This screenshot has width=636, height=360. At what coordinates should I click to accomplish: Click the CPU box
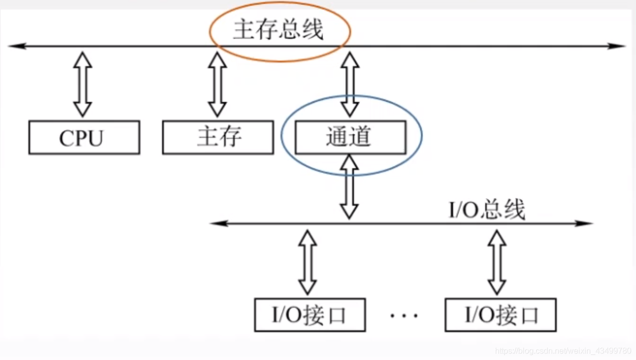84,137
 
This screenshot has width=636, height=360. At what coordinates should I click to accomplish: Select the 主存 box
218,137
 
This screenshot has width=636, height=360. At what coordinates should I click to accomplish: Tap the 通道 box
350,137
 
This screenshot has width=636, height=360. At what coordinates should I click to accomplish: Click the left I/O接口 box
309,315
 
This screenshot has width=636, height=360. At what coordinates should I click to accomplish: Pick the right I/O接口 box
500,315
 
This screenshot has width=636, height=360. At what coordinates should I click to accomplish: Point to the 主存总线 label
278,31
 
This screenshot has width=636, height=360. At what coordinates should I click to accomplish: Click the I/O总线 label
487,210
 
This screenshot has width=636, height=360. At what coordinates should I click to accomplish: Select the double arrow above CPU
83,84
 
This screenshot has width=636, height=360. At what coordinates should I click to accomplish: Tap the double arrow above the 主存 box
217,84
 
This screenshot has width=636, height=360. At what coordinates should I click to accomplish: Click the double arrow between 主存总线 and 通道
350,84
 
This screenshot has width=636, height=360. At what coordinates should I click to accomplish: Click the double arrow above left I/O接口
307,262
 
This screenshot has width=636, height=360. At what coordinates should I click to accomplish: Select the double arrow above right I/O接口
497,262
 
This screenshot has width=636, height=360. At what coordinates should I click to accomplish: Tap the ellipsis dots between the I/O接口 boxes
404,316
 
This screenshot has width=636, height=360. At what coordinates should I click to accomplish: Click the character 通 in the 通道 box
337,137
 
